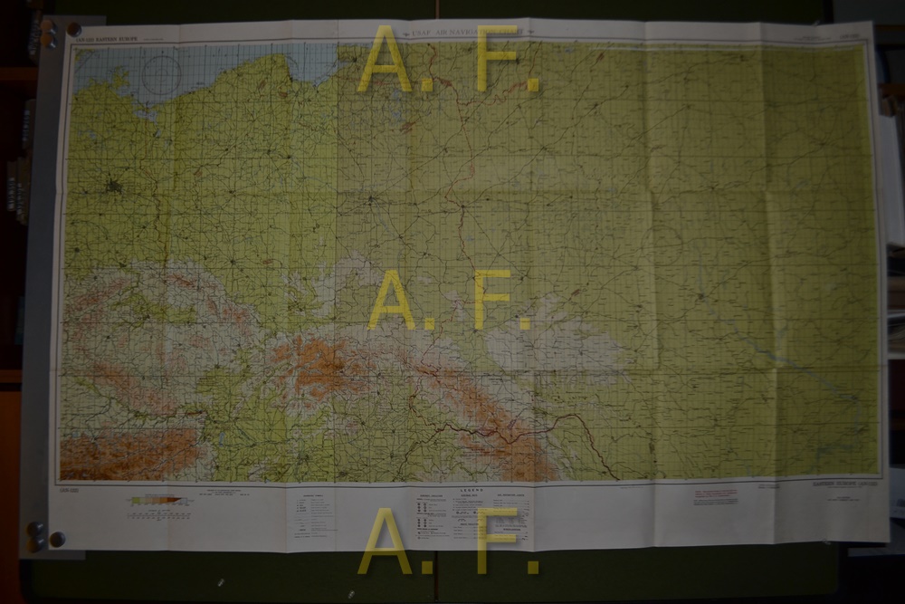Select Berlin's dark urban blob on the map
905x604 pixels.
[112, 188]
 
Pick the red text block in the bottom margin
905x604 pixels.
[715, 496]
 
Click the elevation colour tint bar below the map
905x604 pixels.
[161, 501]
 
